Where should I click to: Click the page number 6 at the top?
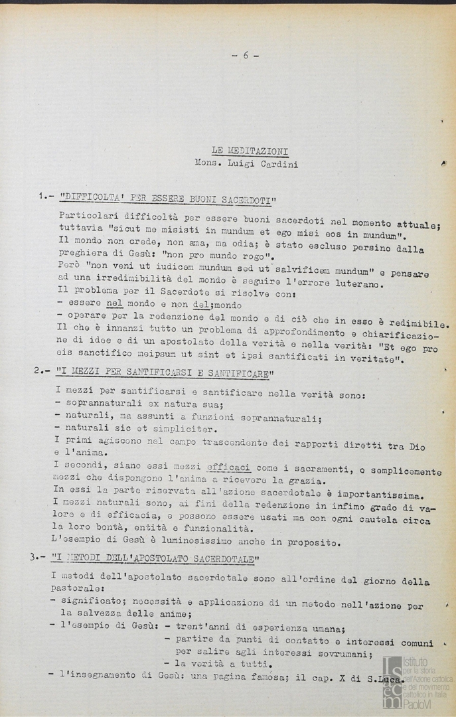245,56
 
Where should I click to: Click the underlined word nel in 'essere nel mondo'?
114,302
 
